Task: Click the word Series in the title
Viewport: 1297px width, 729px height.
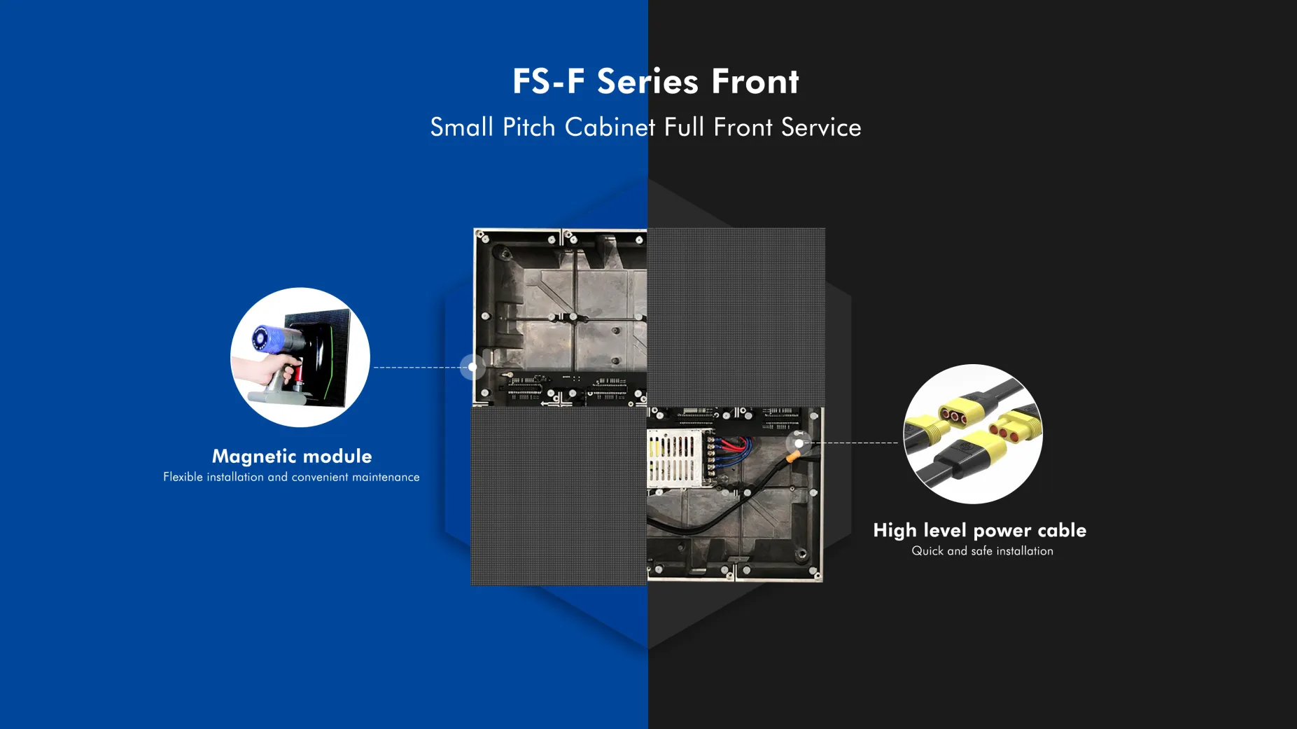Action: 647,81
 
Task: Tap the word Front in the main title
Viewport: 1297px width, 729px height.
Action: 755,81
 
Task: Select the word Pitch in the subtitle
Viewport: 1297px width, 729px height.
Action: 529,127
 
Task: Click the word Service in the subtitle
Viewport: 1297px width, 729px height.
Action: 821,127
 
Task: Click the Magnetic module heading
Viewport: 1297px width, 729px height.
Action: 292,457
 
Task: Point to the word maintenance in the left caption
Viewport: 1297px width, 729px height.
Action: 386,477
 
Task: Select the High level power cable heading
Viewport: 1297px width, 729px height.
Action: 980,530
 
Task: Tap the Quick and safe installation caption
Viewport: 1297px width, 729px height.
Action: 982,551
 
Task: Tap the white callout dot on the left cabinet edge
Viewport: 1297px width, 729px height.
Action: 472,367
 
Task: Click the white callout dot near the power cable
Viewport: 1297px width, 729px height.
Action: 799,443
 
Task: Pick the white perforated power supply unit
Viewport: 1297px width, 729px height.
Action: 673,458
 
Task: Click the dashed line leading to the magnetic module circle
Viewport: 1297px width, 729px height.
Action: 421,367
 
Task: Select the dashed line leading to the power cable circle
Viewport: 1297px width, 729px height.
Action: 850,443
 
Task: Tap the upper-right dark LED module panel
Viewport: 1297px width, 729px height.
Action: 736,317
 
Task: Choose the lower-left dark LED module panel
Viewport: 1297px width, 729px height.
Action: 559,495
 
